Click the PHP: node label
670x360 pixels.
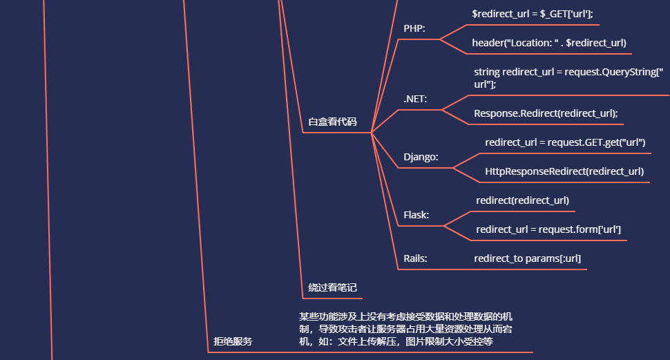[414, 28]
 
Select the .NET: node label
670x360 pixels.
[415, 99]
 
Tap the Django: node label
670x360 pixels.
[421, 157]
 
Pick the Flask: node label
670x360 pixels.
[416, 215]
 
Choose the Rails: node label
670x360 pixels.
[415, 258]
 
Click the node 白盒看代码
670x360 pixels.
[332, 122]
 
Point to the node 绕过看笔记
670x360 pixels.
[332, 287]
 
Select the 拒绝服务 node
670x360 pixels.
[233, 341]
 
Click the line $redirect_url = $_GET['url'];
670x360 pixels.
[532, 13]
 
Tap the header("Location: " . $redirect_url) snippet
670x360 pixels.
[549, 43]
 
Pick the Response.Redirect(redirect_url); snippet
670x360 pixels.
[546, 113]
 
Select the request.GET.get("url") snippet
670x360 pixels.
[565, 142]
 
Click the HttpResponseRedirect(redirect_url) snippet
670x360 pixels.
[564, 171]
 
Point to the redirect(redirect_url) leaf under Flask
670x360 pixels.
[522, 200]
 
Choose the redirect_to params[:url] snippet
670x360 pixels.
[527, 258]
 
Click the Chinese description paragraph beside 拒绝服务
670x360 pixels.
[405, 329]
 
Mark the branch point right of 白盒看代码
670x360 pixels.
[372, 132]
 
